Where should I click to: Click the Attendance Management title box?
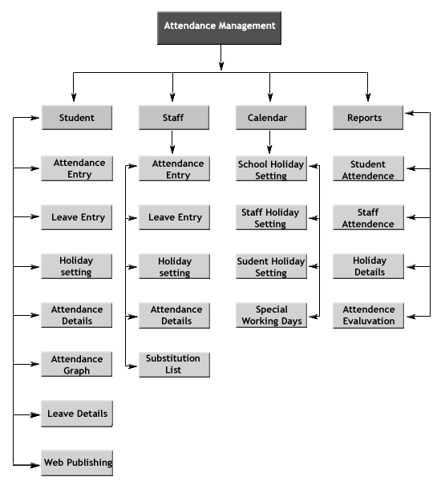[x=219, y=28]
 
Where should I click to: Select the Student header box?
[x=77, y=118]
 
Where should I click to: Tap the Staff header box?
[x=174, y=118]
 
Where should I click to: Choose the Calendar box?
[x=271, y=118]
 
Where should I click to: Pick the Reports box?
[x=368, y=118]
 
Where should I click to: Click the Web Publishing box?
[x=77, y=463]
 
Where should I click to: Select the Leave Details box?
[x=77, y=414]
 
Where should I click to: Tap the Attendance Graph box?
[x=77, y=364]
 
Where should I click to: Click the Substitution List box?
[x=174, y=365]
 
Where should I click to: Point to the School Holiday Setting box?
[x=271, y=168]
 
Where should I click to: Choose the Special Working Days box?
[x=271, y=315]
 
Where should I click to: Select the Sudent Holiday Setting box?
[x=271, y=266]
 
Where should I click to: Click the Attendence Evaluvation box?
[x=368, y=315]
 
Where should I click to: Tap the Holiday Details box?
[x=368, y=266]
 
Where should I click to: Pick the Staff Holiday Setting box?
[x=271, y=217]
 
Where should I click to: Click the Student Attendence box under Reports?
[x=368, y=168]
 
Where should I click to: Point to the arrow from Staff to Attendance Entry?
[x=172, y=142]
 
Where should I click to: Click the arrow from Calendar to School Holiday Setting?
[x=269, y=142]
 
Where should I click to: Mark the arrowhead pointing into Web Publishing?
[x=34, y=465]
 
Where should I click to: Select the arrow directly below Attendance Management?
[x=220, y=58]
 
